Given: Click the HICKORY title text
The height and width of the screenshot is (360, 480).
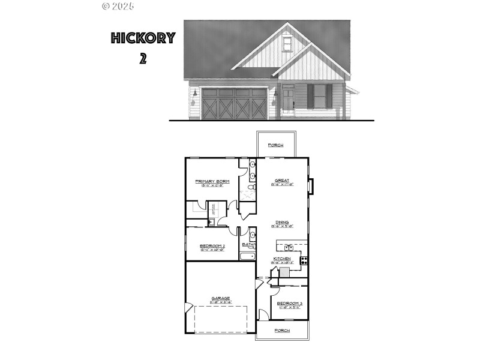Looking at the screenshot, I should point(143,38).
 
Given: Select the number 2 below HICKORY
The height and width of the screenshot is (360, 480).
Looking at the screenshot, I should point(143,59).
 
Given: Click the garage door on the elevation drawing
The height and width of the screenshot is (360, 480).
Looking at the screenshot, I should point(234,104).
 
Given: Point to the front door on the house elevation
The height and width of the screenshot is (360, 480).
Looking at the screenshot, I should point(288,100).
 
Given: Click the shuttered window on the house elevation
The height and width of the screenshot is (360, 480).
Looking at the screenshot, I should point(320,96).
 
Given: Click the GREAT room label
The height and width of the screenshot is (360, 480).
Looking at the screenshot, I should point(281,180).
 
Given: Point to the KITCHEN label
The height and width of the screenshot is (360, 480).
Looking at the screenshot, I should point(281,259).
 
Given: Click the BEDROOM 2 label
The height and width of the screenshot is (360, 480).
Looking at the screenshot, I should point(212,246).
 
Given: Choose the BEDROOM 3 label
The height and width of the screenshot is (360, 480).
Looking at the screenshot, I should point(289,304).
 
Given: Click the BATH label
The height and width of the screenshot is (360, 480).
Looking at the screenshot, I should point(248,245).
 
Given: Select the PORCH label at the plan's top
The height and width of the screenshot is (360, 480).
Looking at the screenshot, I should point(275,145).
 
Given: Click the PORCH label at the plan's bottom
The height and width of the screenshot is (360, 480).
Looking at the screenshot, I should point(282,331).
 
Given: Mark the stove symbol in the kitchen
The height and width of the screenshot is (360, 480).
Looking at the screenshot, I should point(304,260).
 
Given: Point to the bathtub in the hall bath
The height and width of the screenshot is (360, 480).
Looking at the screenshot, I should point(248,256).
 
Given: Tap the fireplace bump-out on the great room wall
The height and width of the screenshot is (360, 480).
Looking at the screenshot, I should point(310,187).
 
